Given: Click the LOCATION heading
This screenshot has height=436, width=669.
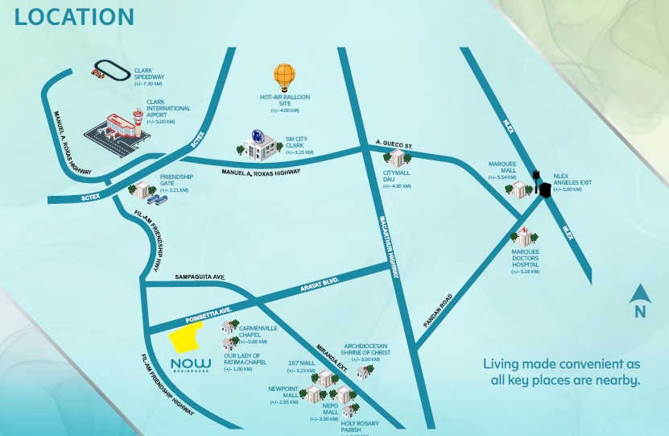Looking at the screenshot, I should pos(74,17).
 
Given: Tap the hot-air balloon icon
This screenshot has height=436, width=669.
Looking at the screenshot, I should pos(284,78).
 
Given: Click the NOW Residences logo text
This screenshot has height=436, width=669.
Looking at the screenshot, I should pos(191,365).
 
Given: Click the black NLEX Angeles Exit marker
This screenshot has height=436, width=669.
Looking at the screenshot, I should pos(543,189).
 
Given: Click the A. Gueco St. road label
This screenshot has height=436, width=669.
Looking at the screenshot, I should pos(394,145).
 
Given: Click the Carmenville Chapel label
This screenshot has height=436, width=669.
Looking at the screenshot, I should pos(258,333).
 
